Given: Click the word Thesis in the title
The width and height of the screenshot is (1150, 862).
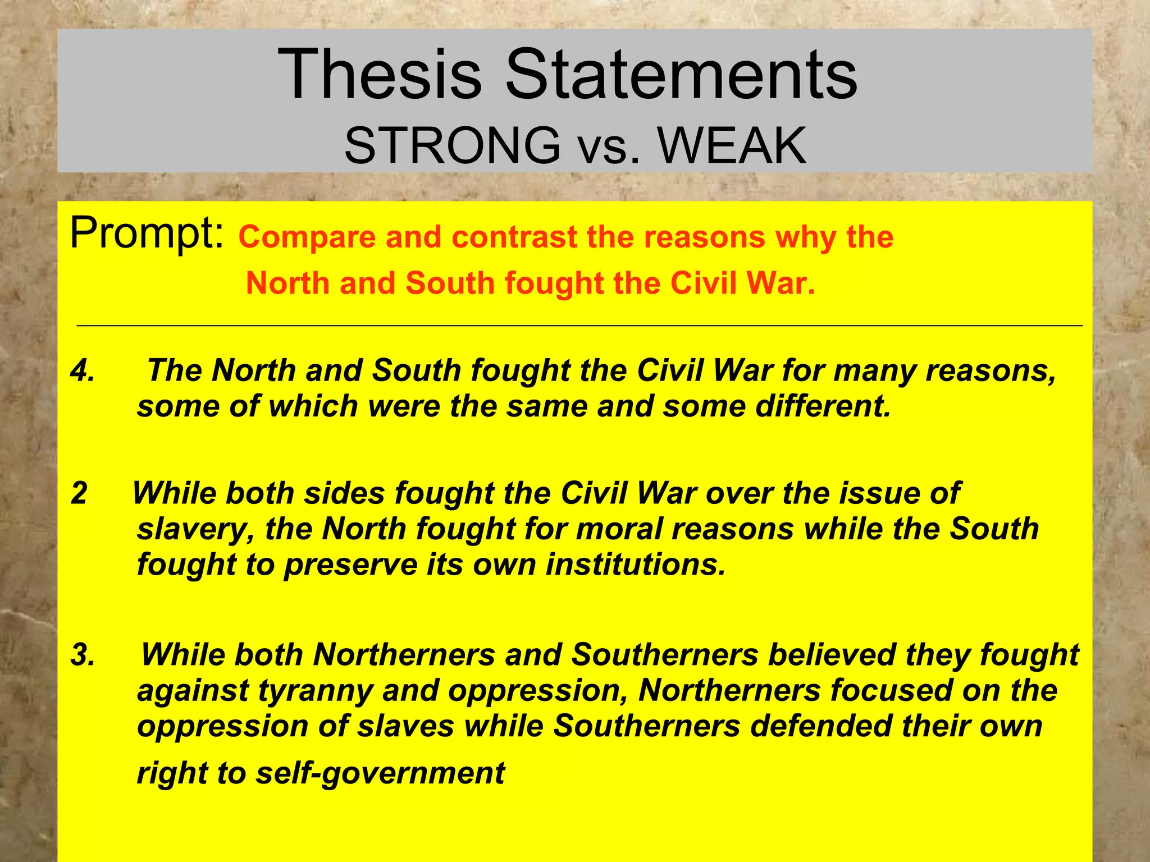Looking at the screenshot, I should (x=380, y=75).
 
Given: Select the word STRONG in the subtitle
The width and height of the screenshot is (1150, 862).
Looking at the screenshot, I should (x=452, y=146).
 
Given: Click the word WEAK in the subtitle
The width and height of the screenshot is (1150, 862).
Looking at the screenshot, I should (x=732, y=146).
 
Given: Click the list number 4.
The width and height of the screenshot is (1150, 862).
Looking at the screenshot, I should (x=83, y=370).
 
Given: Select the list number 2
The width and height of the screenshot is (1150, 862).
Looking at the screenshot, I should (x=79, y=493).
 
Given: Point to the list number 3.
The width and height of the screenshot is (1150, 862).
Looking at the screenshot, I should (x=83, y=654).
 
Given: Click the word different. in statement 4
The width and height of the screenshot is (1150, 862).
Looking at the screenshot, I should (x=823, y=406).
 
